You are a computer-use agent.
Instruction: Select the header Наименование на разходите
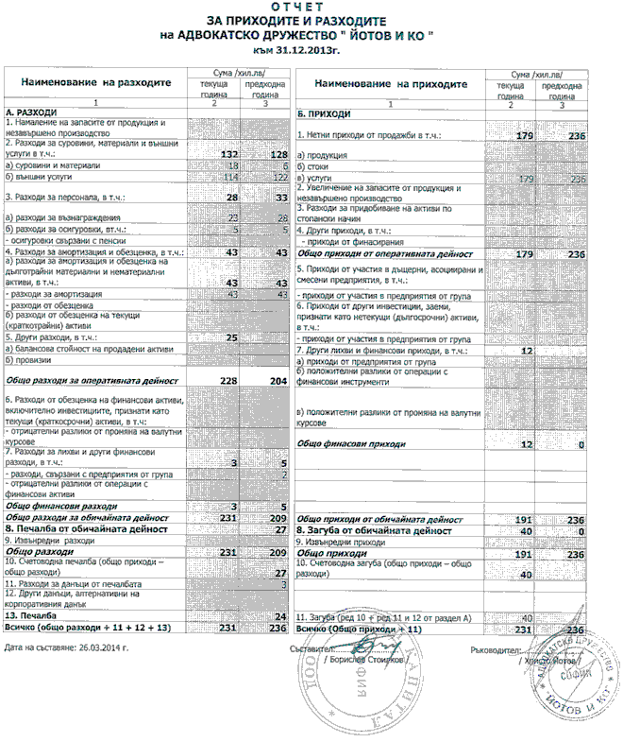(x=91, y=83)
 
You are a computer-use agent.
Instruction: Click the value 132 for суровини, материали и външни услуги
(x=227, y=153)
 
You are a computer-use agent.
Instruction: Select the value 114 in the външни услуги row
(x=228, y=176)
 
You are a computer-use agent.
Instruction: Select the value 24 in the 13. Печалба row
(x=278, y=615)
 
